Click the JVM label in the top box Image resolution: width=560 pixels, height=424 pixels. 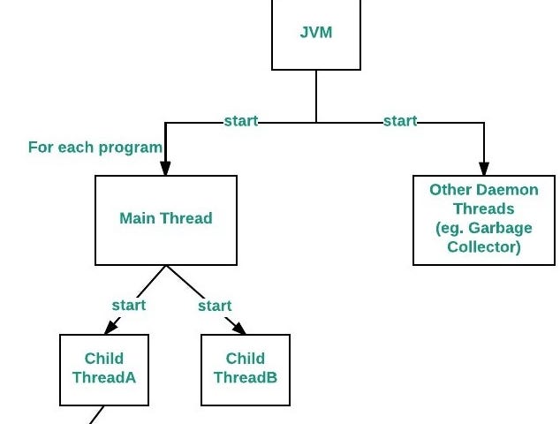(316, 33)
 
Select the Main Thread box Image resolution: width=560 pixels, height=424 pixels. (166, 221)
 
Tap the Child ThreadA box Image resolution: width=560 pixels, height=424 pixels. (104, 370)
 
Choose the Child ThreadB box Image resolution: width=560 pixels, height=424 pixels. (246, 370)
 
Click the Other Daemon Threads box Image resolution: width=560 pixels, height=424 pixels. (484, 221)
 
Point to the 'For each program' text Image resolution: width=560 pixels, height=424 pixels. (95, 148)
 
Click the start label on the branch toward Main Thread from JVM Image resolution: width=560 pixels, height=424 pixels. (241, 121)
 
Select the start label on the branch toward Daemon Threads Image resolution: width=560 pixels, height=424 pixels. (400, 121)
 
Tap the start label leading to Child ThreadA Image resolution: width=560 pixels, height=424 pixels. (129, 306)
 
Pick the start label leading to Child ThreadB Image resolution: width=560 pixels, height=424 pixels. (215, 306)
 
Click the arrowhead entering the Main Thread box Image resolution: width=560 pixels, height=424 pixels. (165, 168)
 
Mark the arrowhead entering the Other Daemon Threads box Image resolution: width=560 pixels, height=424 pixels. (484, 168)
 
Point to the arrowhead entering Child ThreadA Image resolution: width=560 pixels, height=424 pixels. (111, 327)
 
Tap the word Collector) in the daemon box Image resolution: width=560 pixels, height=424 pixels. (484, 246)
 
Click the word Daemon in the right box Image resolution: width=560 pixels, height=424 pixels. (508, 190)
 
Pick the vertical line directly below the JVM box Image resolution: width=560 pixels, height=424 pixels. (316, 96)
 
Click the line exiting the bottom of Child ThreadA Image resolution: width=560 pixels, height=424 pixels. (96, 414)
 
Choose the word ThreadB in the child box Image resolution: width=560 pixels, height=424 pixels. (246, 377)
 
